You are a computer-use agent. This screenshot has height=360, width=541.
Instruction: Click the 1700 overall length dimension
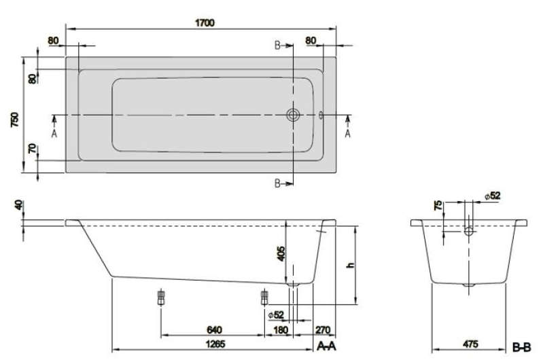[x=205, y=23]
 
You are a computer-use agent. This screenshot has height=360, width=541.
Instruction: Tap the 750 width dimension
[x=16, y=120]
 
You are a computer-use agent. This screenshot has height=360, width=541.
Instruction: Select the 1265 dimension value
[x=215, y=344]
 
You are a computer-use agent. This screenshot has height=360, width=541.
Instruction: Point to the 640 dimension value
[x=214, y=330]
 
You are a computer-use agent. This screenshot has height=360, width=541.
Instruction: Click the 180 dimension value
[x=281, y=330]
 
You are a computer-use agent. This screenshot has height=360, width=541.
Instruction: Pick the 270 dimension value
[x=323, y=330]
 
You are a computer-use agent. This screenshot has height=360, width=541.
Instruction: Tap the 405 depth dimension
[x=281, y=253]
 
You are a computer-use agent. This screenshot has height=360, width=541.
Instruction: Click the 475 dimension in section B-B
[x=470, y=344]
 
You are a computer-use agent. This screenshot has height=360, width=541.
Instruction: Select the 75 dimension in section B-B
[x=438, y=206]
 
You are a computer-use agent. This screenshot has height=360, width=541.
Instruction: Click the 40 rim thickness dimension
[x=18, y=205]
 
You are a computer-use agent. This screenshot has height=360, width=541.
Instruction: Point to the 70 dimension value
[x=32, y=149]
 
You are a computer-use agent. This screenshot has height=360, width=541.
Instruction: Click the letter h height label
[x=351, y=265]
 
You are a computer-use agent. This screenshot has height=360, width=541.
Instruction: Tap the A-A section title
[x=326, y=346]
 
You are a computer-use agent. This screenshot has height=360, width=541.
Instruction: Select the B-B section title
[x=522, y=347]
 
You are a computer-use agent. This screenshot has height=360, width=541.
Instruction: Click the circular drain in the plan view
[x=293, y=115]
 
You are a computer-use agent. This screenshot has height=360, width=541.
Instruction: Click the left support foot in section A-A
[x=161, y=298]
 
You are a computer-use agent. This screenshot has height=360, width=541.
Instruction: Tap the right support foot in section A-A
[x=264, y=298]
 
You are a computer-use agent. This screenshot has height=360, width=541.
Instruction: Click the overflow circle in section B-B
[x=468, y=231]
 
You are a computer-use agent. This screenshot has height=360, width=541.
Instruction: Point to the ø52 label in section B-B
[x=492, y=196]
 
